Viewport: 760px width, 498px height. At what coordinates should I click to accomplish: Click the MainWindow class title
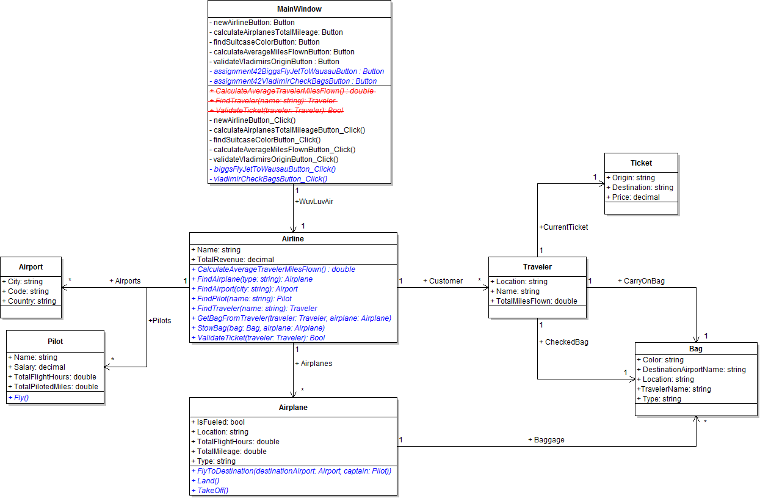coord(299,9)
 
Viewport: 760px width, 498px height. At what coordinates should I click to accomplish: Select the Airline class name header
coord(293,239)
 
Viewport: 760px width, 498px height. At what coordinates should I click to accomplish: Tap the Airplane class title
coord(293,408)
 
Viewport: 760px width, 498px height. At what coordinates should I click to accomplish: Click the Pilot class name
coord(55,342)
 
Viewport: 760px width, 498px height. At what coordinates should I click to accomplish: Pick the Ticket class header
coord(641,163)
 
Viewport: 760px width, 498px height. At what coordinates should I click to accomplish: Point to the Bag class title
coord(696,349)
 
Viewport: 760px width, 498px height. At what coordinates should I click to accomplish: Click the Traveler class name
coord(537,267)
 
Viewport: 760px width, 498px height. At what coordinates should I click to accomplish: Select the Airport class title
coord(31,267)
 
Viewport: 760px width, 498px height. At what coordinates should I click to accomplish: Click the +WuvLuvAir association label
coord(314,201)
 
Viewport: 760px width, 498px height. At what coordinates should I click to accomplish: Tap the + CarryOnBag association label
coord(640,281)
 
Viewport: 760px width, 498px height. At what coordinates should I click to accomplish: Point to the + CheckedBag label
coord(563,342)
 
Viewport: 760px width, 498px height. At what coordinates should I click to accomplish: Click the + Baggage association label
coord(546,439)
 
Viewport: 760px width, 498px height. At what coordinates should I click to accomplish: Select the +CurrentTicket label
coord(563,227)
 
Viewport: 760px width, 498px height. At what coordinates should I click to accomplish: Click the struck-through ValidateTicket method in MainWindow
coord(276,111)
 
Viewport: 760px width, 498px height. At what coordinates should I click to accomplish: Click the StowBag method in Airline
coord(261,328)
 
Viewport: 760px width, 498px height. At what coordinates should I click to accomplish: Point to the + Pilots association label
coord(159,320)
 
